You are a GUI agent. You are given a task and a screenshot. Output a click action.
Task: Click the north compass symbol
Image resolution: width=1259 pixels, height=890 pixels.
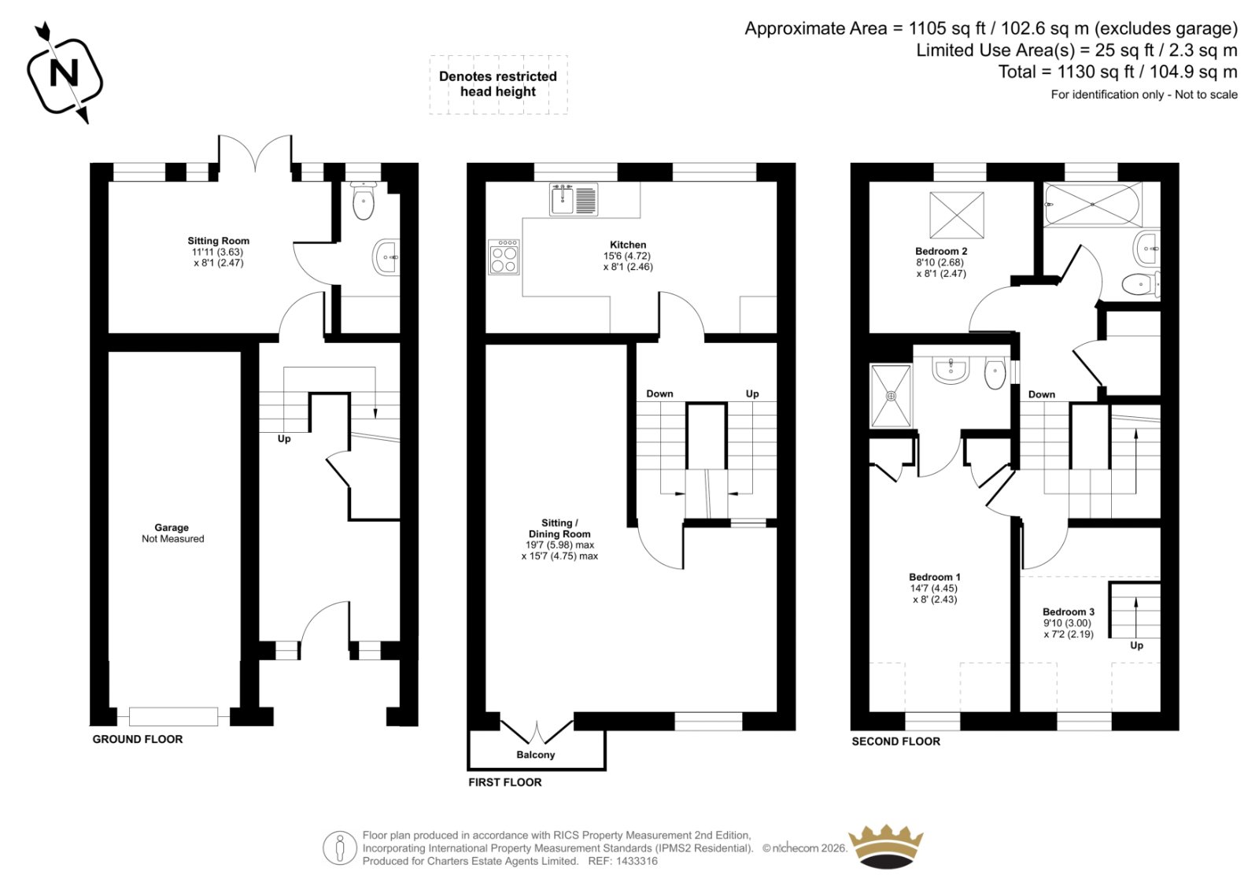click(x=65, y=74)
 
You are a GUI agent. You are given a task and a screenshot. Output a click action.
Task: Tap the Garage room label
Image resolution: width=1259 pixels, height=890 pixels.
click(x=172, y=528)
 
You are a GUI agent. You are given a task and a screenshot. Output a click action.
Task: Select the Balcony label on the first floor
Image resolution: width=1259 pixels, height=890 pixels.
click(x=535, y=755)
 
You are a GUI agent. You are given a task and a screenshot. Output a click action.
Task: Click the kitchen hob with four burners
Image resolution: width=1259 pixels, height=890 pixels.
click(x=504, y=257)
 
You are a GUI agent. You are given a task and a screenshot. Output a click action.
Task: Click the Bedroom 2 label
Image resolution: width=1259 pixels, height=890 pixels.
click(x=941, y=251)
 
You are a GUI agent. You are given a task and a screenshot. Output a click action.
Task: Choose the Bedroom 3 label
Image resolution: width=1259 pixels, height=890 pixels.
click(x=1068, y=611)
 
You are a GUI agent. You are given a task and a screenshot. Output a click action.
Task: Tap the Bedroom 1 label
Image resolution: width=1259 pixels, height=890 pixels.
click(x=934, y=577)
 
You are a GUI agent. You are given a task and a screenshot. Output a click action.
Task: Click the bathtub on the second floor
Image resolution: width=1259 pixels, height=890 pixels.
click(x=1091, y=204)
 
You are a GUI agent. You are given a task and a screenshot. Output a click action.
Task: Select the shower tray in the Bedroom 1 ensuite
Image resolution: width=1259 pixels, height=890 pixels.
click(x=891, y=396)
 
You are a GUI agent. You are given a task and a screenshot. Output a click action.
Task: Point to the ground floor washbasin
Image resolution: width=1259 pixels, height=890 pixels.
click(x=386, y=257)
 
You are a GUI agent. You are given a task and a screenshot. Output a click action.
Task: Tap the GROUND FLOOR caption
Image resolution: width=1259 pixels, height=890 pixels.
click(x=138, y=739)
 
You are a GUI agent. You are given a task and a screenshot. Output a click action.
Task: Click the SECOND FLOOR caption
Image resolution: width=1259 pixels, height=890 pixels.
click(x=895, y=741)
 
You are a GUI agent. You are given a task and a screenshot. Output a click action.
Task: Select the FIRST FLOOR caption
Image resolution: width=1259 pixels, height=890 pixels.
click(x=505, y=782)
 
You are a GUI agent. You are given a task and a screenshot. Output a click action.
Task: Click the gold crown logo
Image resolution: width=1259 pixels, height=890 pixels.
click(x=887, y=847)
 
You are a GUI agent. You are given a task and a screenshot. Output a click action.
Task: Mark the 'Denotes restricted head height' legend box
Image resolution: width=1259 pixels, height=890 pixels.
click(x=498, y=84)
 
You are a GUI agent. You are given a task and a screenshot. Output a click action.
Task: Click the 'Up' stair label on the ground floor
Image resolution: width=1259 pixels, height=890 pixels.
click(x=284, y=439)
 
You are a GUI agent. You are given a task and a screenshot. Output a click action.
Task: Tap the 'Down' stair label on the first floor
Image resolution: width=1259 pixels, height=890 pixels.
click(x=659, y=393)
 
